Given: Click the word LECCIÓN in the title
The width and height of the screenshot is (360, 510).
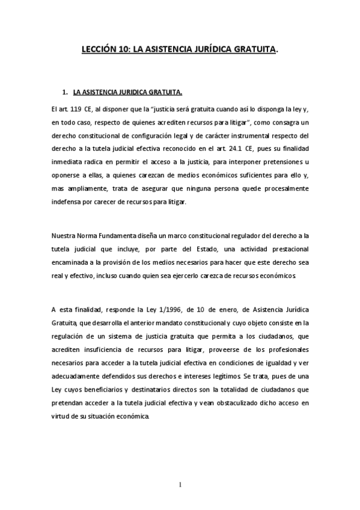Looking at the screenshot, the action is pyautogui.click(x=98, y=52).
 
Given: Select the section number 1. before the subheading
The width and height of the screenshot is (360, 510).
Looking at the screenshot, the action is pyautogui.click(x=65, y=93).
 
